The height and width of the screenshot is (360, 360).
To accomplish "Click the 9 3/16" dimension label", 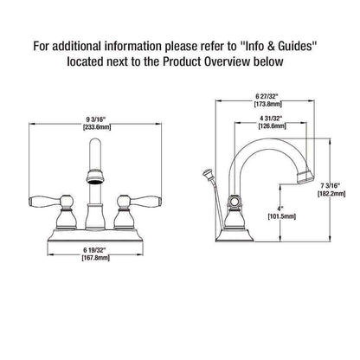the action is click(x=96, y=119).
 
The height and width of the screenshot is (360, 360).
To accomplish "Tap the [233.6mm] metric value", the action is click(x=96, y=127).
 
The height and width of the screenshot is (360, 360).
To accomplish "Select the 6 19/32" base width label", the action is click(x=95, y=250).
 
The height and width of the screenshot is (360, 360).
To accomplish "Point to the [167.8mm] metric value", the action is click(x=95, y=258).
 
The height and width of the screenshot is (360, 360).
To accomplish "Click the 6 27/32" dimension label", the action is click(x=267, y=96).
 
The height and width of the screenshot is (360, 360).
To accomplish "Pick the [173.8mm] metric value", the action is click(x=267, y=104).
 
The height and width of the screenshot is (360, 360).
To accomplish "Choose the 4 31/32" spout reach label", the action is click(x=271, y=118).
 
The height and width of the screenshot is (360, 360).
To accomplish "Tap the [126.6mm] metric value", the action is click(x=272, y=126).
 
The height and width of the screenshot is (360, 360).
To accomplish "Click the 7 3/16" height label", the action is click(x=331, y=185).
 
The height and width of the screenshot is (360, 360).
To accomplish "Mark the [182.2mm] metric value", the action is click(x=331, y=194).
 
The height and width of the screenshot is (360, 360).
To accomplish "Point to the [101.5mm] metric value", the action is click(x=282, y=216).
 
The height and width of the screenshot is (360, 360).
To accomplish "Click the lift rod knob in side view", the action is click(x=208, y=174).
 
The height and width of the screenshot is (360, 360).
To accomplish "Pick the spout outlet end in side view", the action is click(x=305, y=177).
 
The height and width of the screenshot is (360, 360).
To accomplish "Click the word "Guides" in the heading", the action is click(x=296, y=47).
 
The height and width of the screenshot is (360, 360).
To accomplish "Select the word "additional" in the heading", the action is click(x=77, y=47).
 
